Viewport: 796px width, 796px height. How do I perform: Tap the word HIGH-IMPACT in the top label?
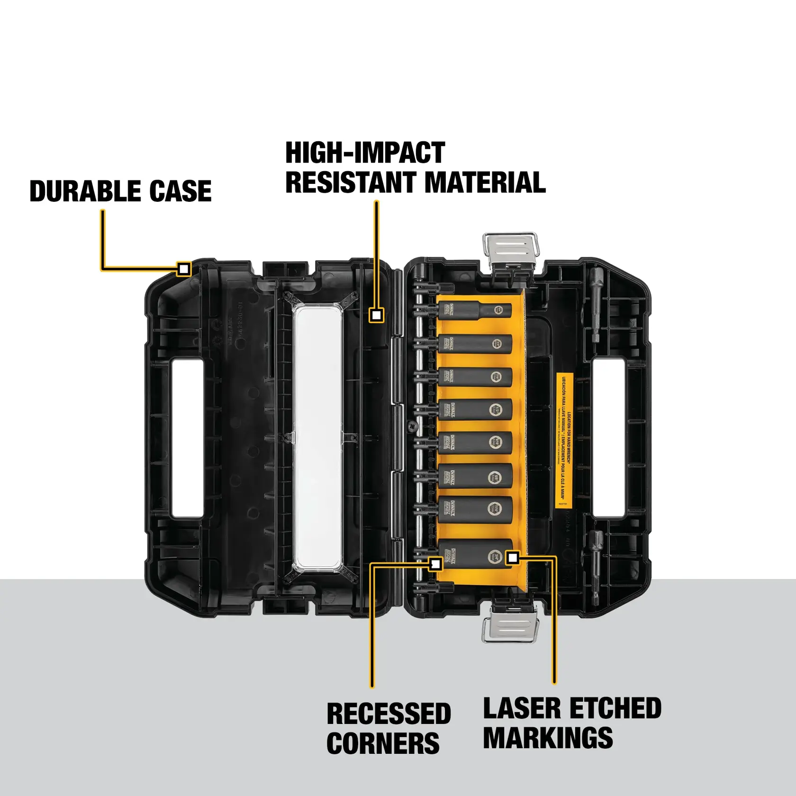tap(365, 153)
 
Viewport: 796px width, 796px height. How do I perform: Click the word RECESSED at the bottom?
tap(389, 714)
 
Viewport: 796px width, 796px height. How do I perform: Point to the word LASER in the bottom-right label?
tap(522, 709)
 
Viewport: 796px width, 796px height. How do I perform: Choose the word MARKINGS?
tap(548, 738)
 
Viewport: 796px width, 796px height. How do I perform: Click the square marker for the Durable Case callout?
tap(184, 269)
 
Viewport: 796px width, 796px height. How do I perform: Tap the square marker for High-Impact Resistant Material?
tap(377, 315)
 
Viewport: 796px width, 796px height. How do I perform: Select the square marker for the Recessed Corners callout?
tap(435, 564)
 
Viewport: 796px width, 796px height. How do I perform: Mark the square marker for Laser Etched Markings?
tap(512, 558)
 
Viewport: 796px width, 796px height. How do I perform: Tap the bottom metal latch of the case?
tap(511, 625)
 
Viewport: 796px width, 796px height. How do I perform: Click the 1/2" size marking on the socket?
tap(496, 409)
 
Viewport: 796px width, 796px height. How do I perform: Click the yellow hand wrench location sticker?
tap(564, 440)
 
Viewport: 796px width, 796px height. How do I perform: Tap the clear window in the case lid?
tap(317, 436)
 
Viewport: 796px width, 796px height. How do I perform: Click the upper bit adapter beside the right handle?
tap(596, 303)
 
